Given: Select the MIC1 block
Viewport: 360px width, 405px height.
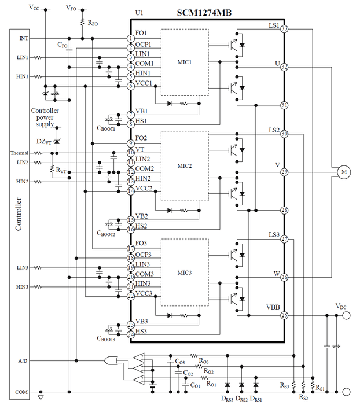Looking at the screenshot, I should [x=185, y=62].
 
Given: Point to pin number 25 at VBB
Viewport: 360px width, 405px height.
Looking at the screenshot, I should [x=284, y=315].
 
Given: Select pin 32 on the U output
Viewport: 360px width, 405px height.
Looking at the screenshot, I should [x=284, y=67].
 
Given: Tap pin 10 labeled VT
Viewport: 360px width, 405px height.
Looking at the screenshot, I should [x=131, y=153].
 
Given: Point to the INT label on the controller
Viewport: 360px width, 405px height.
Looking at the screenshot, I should [x=23, y=39].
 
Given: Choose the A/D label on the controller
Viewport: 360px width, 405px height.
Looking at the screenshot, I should [x=23, y=361].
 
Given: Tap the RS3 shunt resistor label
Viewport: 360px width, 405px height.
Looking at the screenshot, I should [x=284, y=385].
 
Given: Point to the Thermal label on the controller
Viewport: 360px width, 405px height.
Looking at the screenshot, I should [x=19, y=153].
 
